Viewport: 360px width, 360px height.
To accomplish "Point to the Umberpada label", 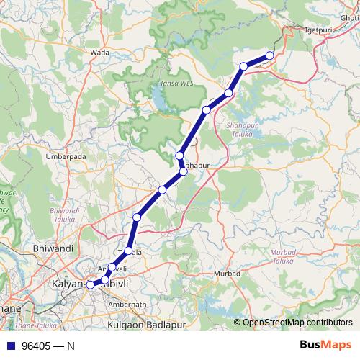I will click(x=66, y=156).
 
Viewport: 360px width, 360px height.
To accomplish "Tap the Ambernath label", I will click(x=127, y=305).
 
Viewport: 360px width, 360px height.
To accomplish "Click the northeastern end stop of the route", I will click(x=270, y=55).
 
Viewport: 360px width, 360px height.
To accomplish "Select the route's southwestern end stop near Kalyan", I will click(x=90, y=285).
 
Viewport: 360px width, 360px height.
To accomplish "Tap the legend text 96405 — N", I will click(x=48, y=346).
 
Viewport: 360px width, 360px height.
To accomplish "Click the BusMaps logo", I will click(x=323, y=345).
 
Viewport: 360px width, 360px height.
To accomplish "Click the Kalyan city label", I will click(x=68, y=285).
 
